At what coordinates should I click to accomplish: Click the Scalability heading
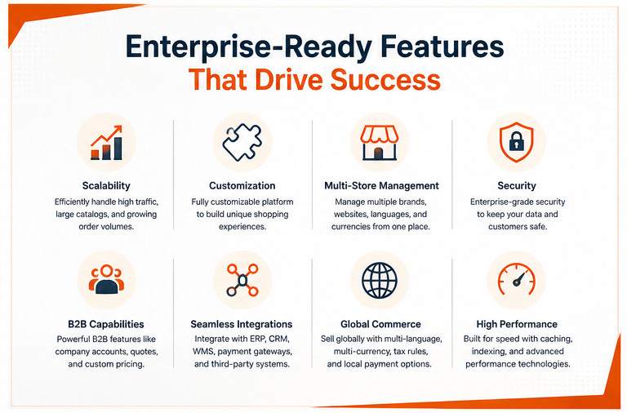pyautogui.click(x=106, y=185)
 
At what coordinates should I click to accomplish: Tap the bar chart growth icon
pyautogui.click(x=106, y=143)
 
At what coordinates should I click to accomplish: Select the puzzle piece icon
pyautogui.click(x=242, y=142)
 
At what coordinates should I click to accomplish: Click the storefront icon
pyautogui.click(x=379, y=143)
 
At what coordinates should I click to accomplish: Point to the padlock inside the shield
pyautogui.click(x=517, y=140)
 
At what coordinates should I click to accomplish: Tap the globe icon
pyautogui.click(x=380, y=280)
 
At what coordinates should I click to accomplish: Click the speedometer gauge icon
pyautogui.click(x=517, y=279)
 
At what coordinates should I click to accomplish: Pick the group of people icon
pyautogui.click(x=106, y=279)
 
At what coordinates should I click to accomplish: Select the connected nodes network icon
pyautogui.click(x=242, y=280)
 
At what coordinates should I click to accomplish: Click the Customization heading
pyautogui.click(x=242, y=185)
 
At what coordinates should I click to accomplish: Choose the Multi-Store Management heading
pyautogui.click(x=381, y=185)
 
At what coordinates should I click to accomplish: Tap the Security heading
pyautogui.click(x=517, y=185)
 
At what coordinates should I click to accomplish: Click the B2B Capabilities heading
pyautogui.click(x=106, y=324)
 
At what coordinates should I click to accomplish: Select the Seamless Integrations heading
pyautogui.click(x=242, y=324)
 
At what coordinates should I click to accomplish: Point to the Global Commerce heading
pyautogui.click(x=380, y=324)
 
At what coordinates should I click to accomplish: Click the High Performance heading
pyautogui.click(x=517, y=324)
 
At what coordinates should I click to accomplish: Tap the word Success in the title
pyautogui.click(x=386, y=79)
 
